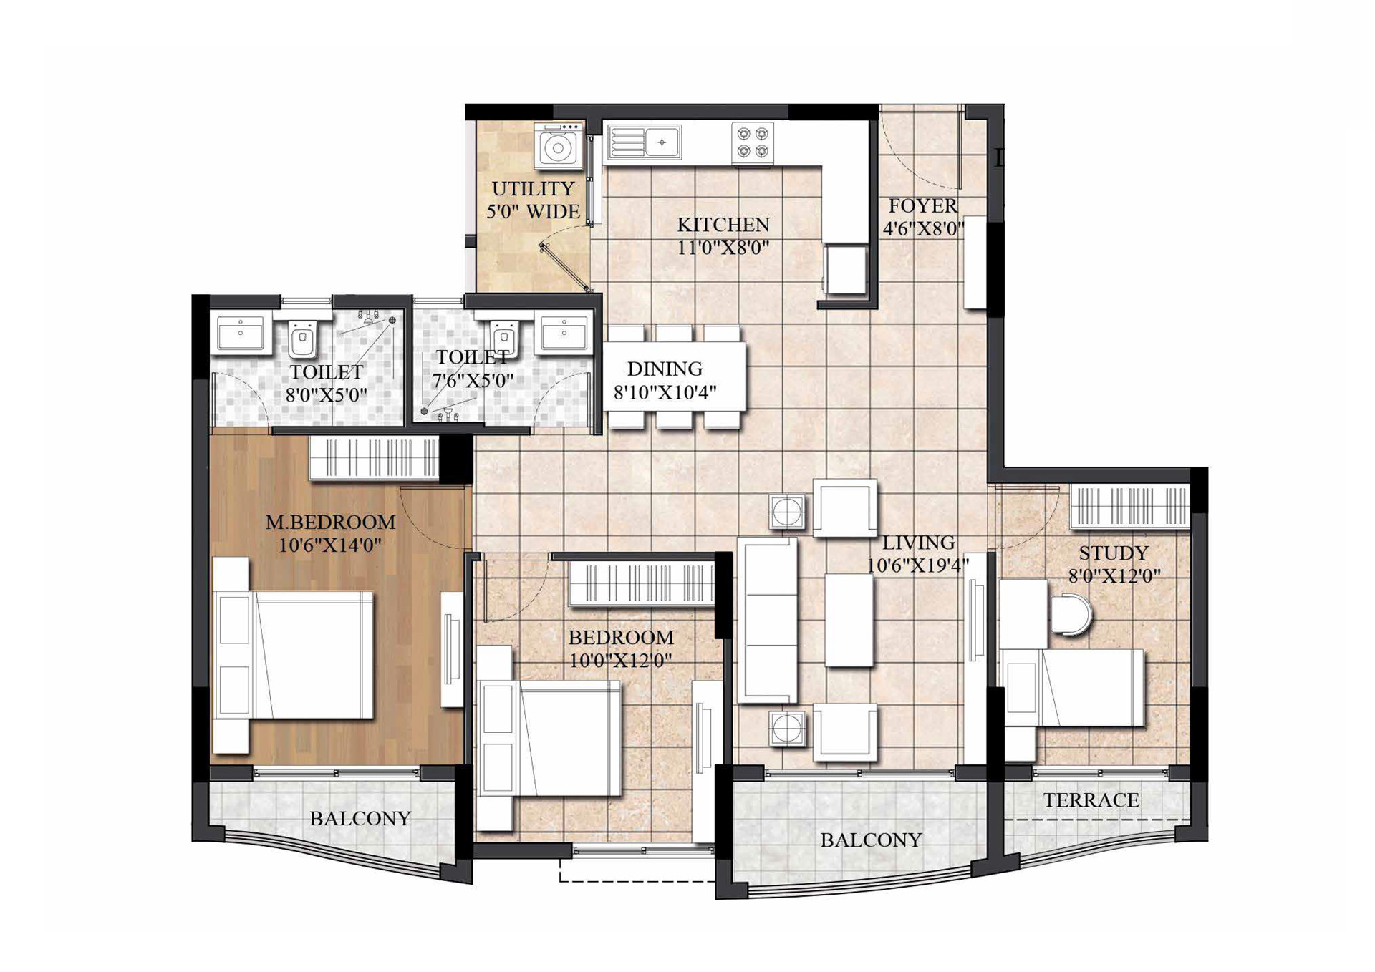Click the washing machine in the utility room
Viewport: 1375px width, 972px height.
pyautogui.click(x=559, y=147)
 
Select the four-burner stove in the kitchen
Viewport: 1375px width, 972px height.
pyautogui.click(x=753, y=142)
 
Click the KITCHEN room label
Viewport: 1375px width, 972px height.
pyautogui.click(x=723, y=225)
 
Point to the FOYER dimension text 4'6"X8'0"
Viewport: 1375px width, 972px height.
pyautogui.click(x=923, y=229)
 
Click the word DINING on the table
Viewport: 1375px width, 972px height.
pyautogui.click(x=665, y=369)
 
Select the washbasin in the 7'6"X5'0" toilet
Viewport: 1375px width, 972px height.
pyautogui.click(x=565, y=333)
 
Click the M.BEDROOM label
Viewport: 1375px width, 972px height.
pyautogui.click(x=330, y=523)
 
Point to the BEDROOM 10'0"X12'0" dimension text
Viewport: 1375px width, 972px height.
pyautogui.click(x=620, y=660)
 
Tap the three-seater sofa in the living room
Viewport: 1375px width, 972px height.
pyautogui.click(x=767, y=620)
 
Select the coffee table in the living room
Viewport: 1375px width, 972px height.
pyautogui.click(x=849, y=620)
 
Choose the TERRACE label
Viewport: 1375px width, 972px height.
pyautogui.click(x=1091, y=800)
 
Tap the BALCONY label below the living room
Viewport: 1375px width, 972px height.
pyautogui.click(x=871, y=840)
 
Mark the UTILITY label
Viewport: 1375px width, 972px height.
pyautogui.click(x=533, y=189)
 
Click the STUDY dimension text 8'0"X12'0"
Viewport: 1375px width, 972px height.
pyautogui.click(x=1114, y=576)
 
